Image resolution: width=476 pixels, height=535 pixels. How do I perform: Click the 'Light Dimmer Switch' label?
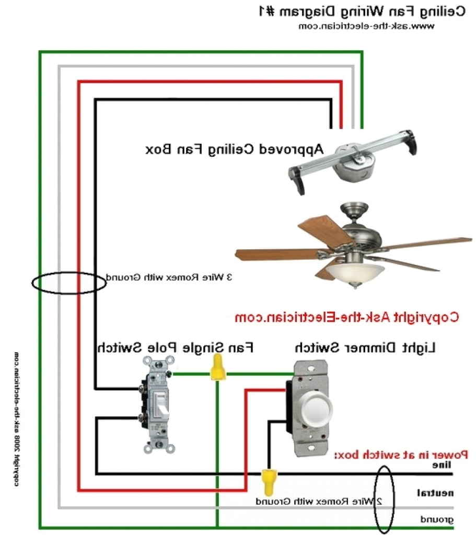point(365,347)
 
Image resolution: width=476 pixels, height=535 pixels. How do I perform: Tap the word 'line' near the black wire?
point(442,465)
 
